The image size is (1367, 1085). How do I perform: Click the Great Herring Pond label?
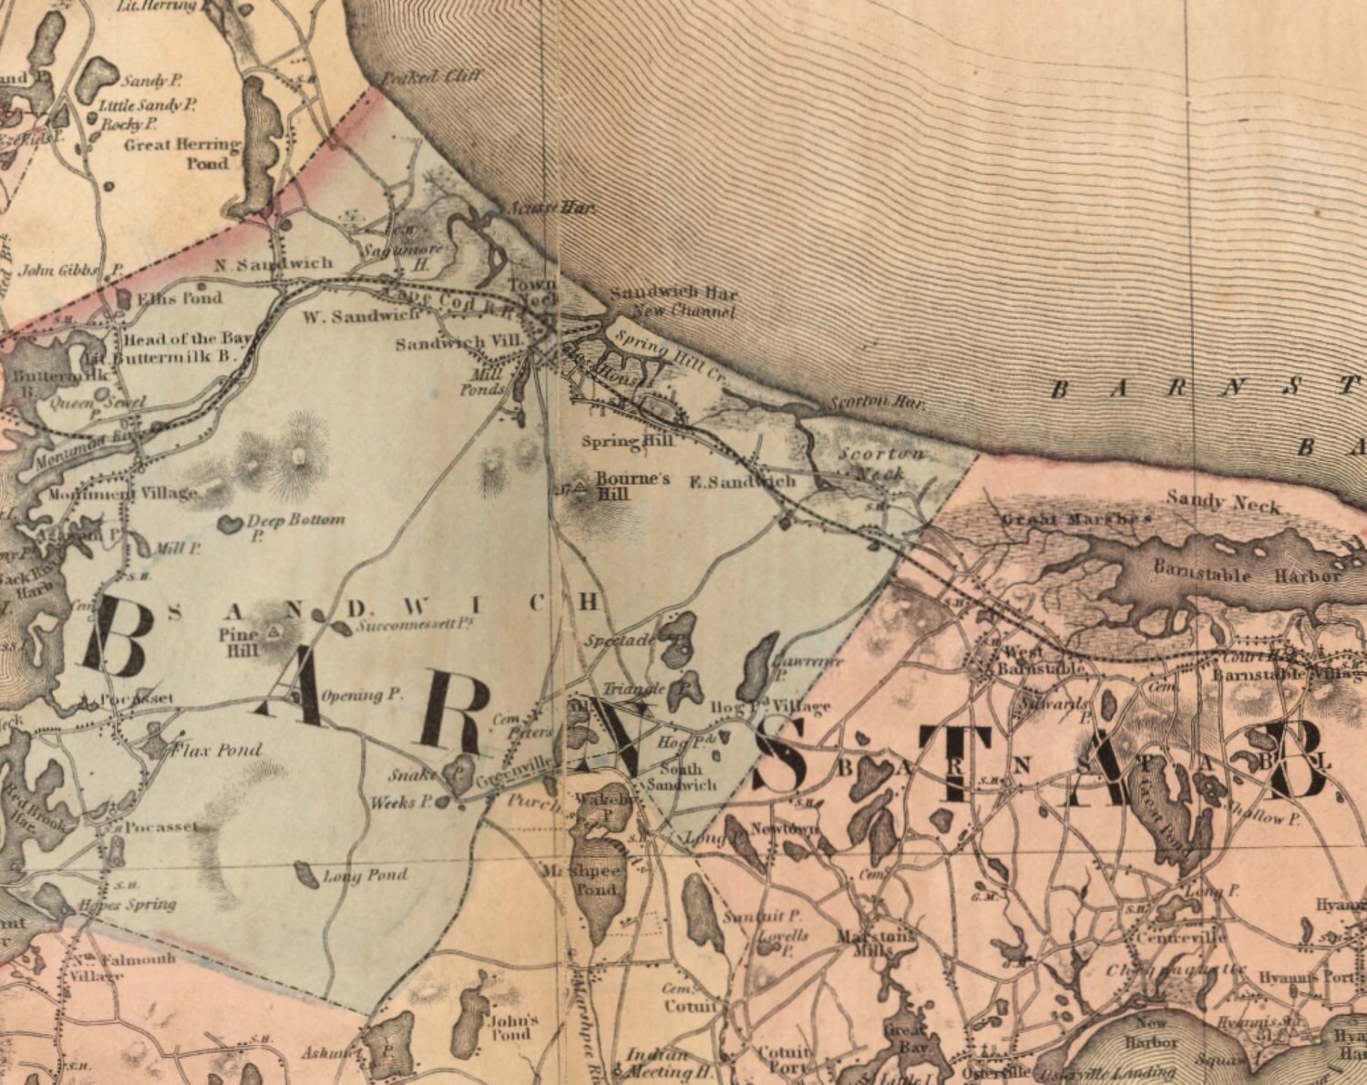click(181, 154)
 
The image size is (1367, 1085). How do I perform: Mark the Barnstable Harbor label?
click(1246, 576)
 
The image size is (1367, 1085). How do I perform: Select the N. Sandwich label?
click(273, 263)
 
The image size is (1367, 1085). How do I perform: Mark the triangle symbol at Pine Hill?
click(274, 630)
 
